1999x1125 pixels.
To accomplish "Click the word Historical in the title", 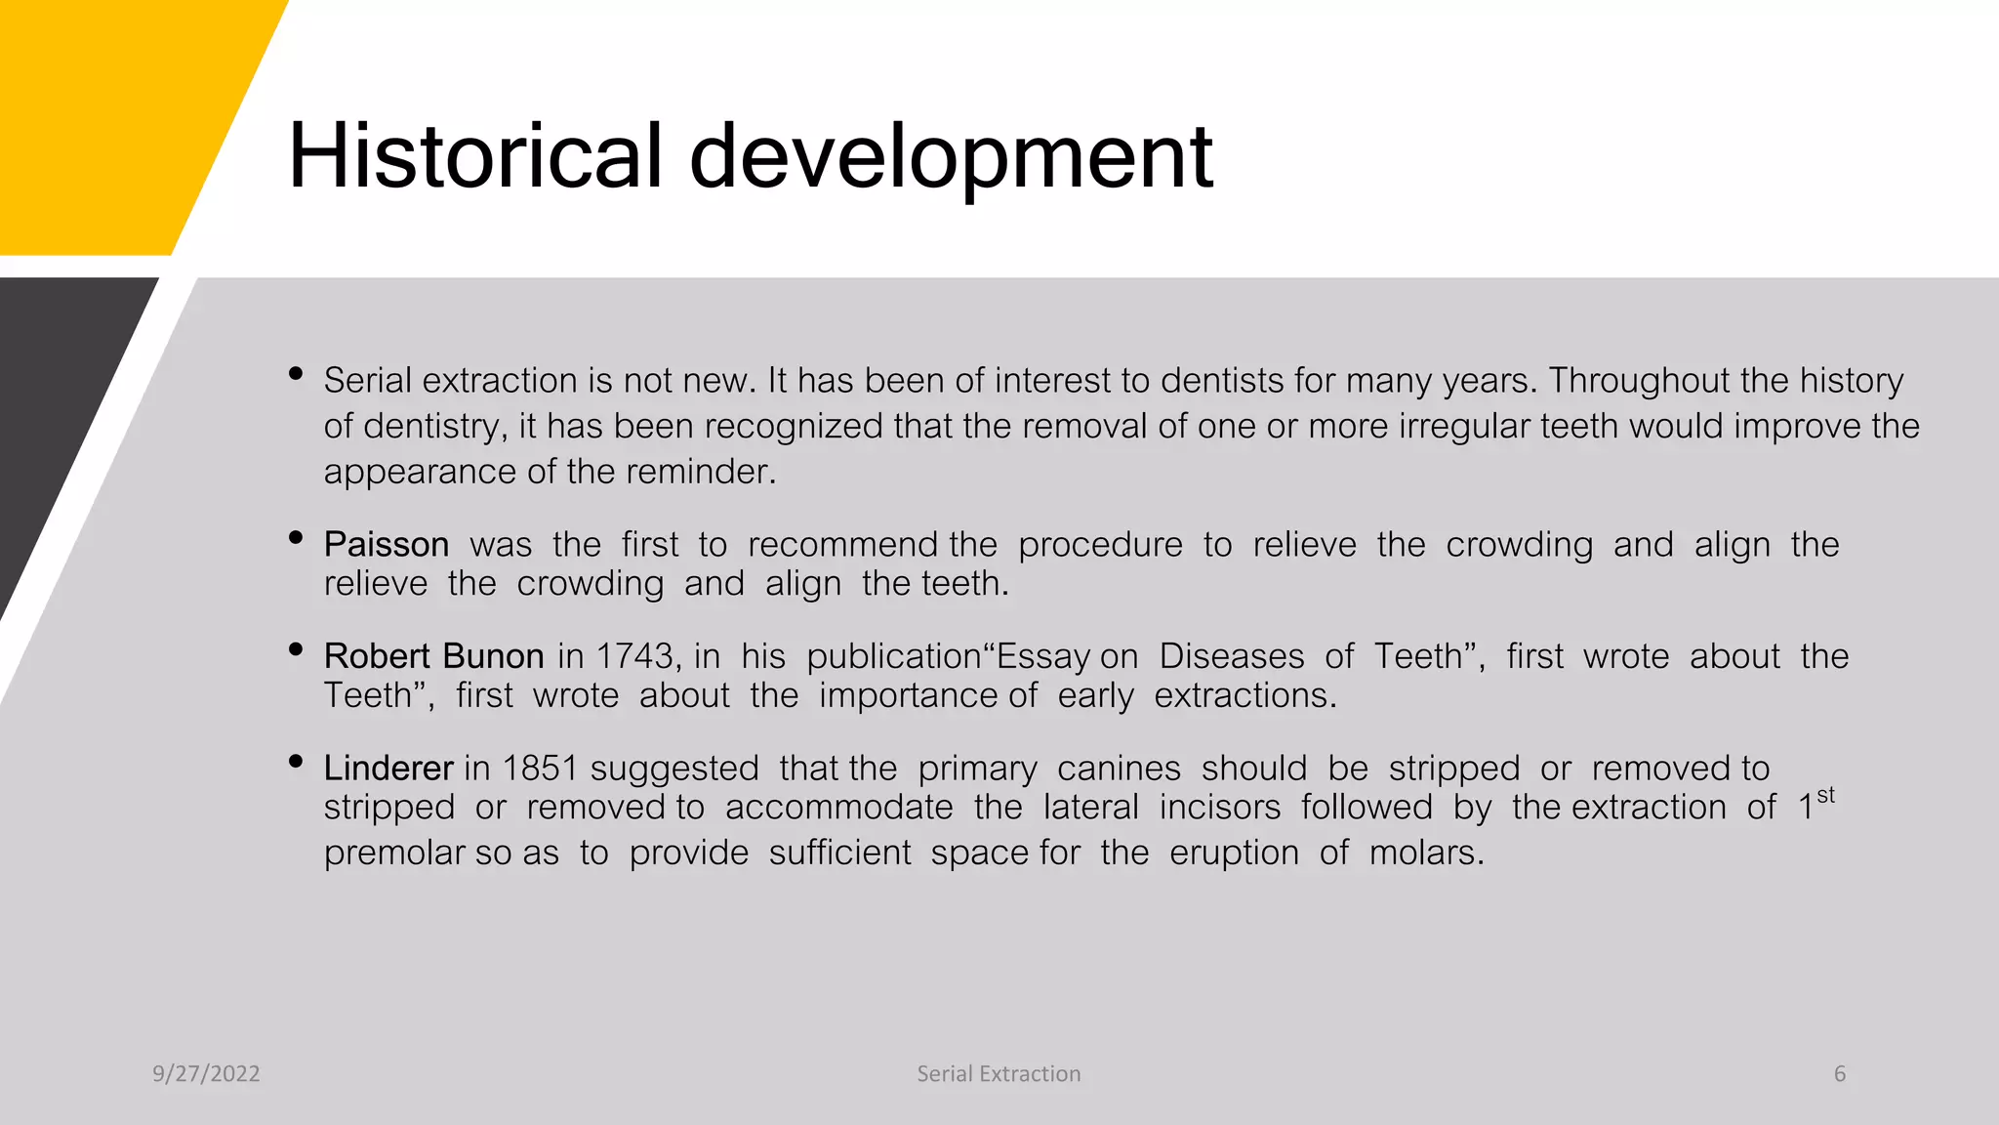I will [x=475, y=156].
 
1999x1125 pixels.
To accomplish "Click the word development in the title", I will [x=951, y=158].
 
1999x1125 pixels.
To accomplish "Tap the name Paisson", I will [x=387, y=545].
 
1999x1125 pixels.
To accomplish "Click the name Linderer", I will [x=388, y=769].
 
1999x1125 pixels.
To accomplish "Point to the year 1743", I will [x=633, y=656].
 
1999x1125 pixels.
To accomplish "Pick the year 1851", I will [x=540, y=769].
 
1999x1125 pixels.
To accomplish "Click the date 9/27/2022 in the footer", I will [x=206, y=1074].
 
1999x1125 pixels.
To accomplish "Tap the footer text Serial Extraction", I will [x=999, y=1074].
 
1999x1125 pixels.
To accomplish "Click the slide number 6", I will [x=1840, y=1074].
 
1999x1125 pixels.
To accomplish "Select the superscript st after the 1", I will [x=1825, y=796].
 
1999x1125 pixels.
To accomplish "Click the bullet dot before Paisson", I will [x=296, y=537].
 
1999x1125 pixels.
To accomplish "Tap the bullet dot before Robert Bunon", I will [x=296, y=649].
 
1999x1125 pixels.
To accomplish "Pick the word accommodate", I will [x=838, y=808].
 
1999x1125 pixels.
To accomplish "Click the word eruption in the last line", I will [x=1234, y=854].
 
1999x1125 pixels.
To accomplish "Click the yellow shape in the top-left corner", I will [x=117, y=117].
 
